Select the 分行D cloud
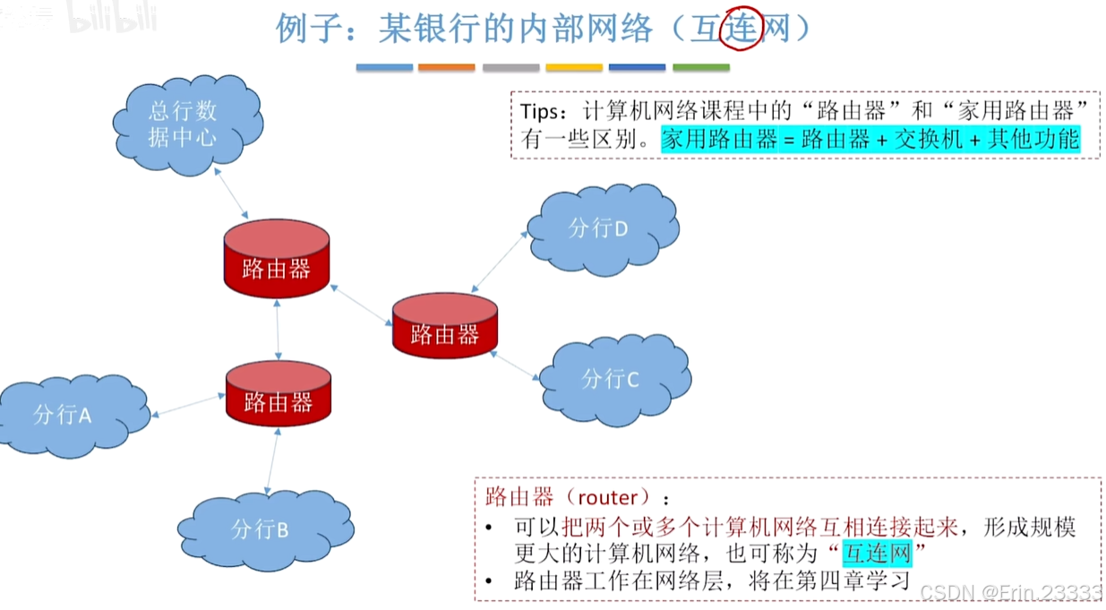tap(601, 228)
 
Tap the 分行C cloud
tap(613, 378)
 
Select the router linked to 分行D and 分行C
tap(445, 324)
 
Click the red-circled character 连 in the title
tap(741, 30)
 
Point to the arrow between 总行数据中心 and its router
tap(232, 192)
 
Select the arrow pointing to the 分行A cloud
tap(188, 406)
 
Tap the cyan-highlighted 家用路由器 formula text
tap(870, 139)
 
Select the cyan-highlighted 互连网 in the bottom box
tap(877, 553)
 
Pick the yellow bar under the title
tap(574, 67)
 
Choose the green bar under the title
tap(700, 67)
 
